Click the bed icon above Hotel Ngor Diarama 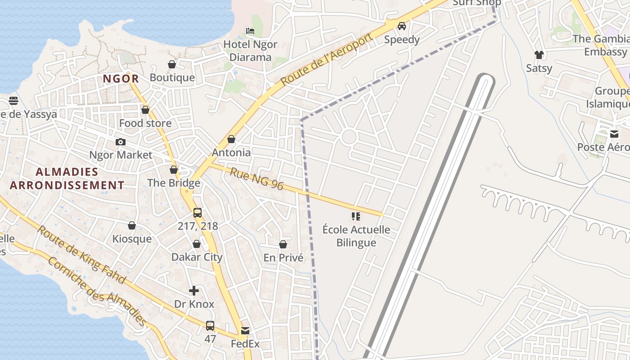tap(250, 31)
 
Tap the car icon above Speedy tap(402, 26)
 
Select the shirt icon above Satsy tap(539, 55)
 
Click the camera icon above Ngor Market tap(121, 142)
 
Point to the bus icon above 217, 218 tap(198, 213)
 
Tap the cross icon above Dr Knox tap(194, 291)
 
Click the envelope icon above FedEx tap(245, 331)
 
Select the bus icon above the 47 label tap(210, 325)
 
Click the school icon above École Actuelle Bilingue tap(356, 216)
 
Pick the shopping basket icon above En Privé tap(283, 244)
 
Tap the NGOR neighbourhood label tap(121, 79)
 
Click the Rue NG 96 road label tap(256, 179)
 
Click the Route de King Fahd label tap(81, 255)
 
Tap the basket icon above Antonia tap(231, 139)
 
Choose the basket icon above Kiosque tap(132, 225)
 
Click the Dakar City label tap(197, 257)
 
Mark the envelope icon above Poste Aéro tap(614, 134)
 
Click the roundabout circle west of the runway tap(349, 137)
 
